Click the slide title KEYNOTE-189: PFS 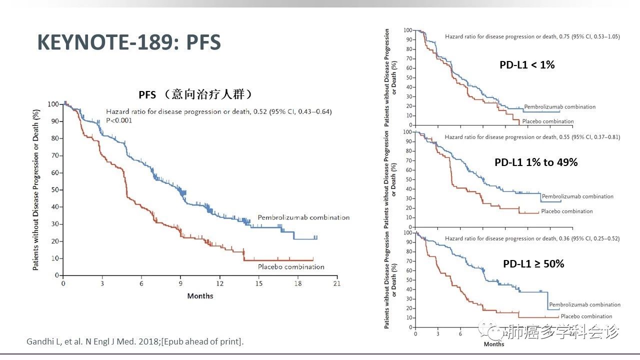(x=129, y=43)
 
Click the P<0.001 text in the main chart (x=119, y=120)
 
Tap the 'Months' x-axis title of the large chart (x=200, y=296)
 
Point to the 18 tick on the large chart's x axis (x=298, y=283)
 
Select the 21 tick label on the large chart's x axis (x=337, y=283)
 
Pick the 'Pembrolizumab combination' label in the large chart (x=303, y=217)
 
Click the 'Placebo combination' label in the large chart (x=291, y=267)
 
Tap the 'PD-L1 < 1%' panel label (x=527, y=64)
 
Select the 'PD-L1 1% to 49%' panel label (x=536, y=162)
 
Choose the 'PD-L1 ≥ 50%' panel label (x=533, y=263)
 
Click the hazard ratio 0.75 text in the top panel (x=532, y=36)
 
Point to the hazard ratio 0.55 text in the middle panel (x=532, y=137)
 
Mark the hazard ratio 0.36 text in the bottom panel (x=532, y=238)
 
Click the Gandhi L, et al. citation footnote (x=134, y=342)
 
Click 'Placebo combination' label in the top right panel (x=547, y=121)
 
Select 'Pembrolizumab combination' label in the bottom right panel (x=584, y=304)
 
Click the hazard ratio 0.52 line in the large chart (x=218, y=111)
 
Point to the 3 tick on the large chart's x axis (x=102, y=283)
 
